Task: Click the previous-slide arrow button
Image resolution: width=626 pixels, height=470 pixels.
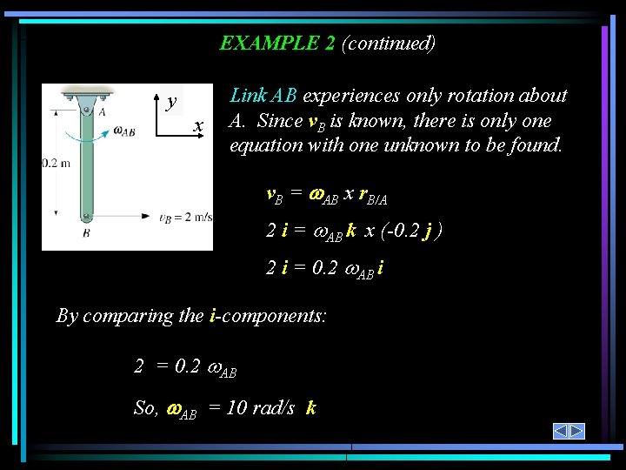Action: pos(561,432)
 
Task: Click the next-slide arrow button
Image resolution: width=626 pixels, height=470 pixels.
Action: pos(577,432)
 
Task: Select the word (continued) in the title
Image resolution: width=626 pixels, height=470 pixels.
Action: pos(389,43)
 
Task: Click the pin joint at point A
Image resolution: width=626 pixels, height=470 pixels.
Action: pos(86,111)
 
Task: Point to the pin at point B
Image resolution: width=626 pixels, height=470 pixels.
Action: pos(86,217)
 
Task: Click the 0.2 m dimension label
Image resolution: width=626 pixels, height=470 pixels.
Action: pos(56,163)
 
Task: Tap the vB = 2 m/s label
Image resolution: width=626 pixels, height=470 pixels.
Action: pos(186,218)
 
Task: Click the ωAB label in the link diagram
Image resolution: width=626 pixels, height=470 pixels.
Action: pos(124,132)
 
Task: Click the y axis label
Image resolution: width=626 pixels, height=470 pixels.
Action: pos(172,101)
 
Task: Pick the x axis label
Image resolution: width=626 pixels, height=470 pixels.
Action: pos(199,127)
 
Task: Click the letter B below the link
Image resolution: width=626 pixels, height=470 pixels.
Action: pos(86,233)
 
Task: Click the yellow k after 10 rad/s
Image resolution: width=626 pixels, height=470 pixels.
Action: pos(311,407)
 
